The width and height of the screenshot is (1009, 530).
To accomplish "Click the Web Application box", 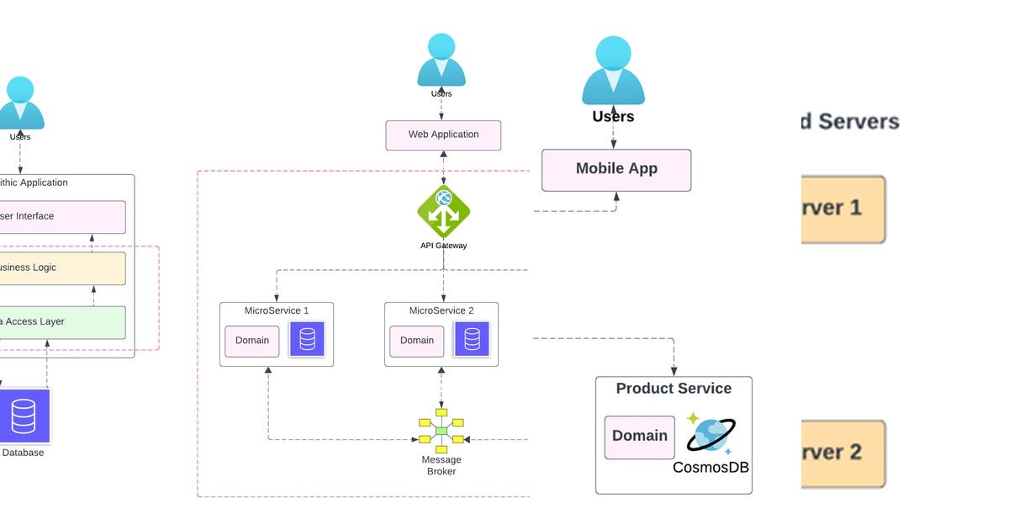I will [x=443, y=135].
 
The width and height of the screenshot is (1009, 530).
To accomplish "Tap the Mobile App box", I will [x=616, y=170].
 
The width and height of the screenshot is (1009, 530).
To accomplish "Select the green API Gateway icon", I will [x=443, y=212].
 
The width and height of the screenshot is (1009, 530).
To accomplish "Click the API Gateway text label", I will [x=443, y=246].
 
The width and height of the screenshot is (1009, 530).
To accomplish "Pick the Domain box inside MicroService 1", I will [x=252, y=341].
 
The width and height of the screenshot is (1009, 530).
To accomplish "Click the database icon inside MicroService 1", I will [x=307, y=339].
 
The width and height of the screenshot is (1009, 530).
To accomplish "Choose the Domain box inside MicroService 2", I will [x=417, y=341].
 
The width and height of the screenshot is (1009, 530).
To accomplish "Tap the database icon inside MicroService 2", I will [x=472, y=339].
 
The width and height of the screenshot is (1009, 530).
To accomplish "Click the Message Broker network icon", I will [x=441, y=432].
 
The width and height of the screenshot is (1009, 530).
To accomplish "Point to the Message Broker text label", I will [x=441, y=465].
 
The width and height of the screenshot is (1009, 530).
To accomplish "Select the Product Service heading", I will [x=674, y=389].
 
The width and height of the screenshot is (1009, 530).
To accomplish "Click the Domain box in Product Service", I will [x=639, y=437].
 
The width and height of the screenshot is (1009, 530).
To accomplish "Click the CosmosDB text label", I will [x=711, y=467].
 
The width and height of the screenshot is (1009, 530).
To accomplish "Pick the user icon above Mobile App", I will [x=613, y=72].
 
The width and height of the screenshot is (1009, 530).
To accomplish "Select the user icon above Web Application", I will [x=441, y=61].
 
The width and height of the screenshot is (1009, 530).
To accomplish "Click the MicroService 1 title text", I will [x=277, y=311].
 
